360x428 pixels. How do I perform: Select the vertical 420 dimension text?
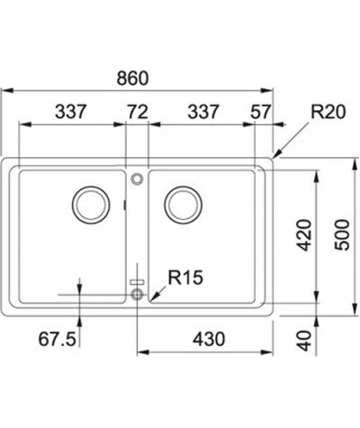(303, 234)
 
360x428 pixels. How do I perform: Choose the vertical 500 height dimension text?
(337, 234)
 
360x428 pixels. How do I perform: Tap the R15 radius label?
(179, 278)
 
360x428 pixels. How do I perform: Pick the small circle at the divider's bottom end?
(137, 295)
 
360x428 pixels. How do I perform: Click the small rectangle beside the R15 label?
(137, 280)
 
